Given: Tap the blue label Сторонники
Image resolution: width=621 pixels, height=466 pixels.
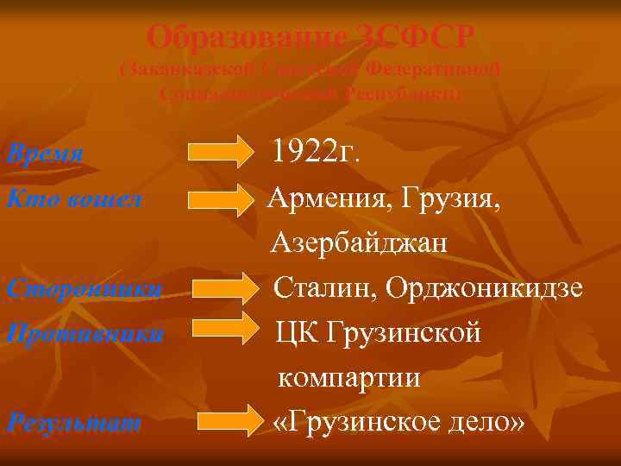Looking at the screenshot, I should point(82,287).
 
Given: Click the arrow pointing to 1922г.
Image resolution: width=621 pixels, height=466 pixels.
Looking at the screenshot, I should point(218,152).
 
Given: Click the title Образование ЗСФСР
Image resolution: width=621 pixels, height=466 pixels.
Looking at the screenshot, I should point(310,36).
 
